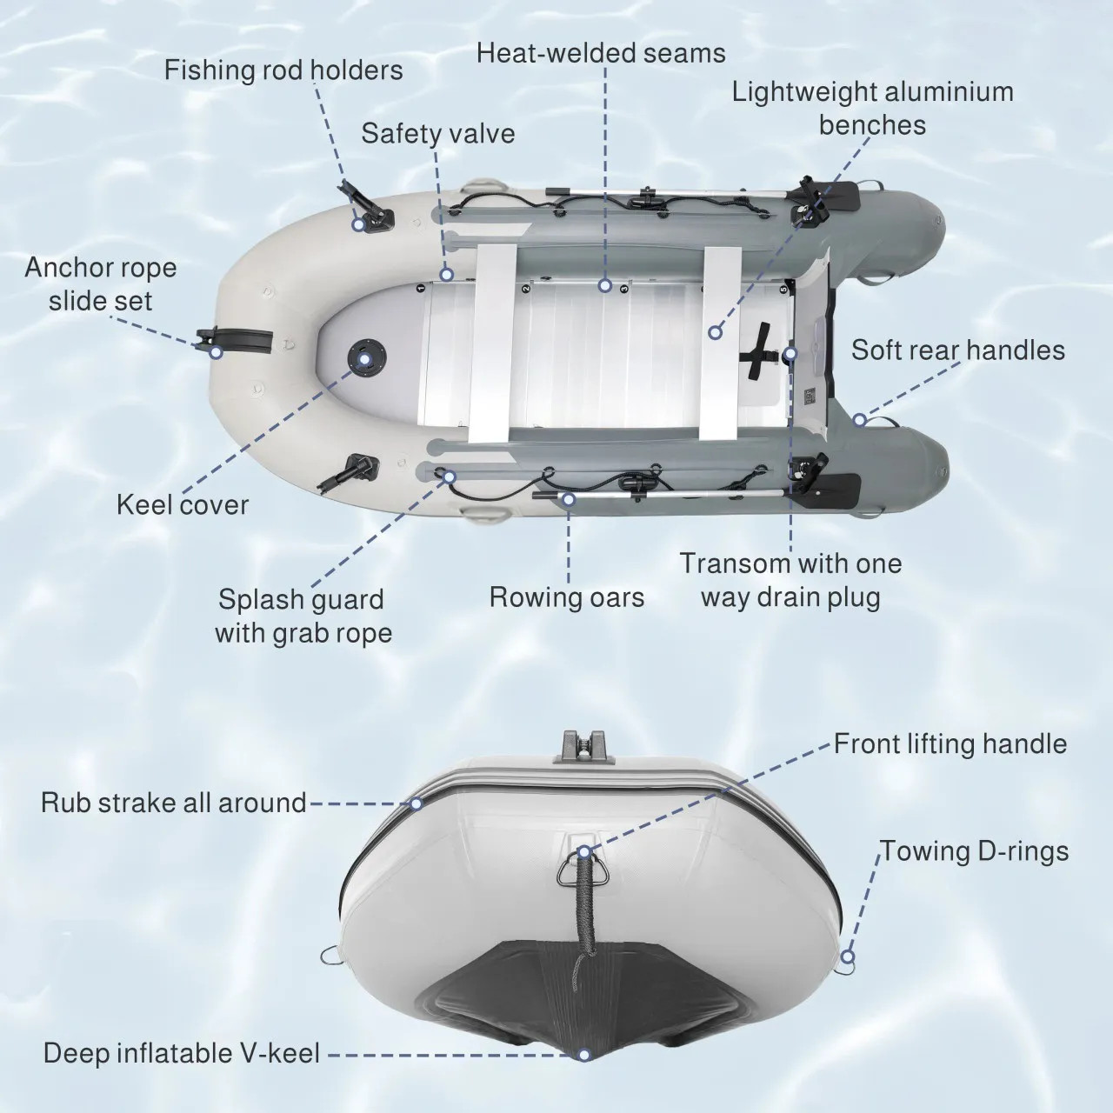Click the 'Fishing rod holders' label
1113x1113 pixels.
(283, 70)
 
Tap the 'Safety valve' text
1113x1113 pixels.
(437, 133)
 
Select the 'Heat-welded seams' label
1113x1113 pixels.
(601, 53)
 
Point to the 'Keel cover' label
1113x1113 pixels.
(183, 504)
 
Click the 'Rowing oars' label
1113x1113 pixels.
(567, 597)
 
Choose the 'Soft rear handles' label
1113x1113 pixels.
(957, 350)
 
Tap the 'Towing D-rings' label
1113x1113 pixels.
(974, 850)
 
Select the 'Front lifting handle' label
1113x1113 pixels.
(950, 743)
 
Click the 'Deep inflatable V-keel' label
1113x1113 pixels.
(182, 1054)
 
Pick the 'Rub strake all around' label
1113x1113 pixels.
(173, 802)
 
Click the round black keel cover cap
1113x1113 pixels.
(362, 357)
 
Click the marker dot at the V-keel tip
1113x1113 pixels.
(584, 1055)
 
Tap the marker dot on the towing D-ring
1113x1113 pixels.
(847, 957)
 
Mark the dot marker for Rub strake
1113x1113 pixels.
(417, 803)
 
